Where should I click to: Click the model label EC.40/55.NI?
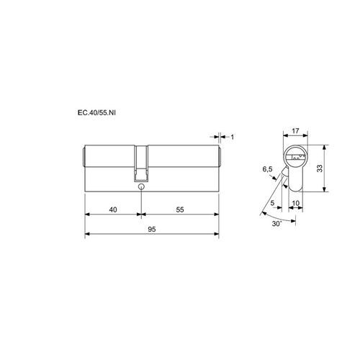[96, 113]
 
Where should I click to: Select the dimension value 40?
[113, 210]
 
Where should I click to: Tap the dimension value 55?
[180, 210]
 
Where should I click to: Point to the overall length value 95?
[152, 229]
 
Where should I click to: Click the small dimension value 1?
[232, 137]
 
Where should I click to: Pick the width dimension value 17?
[295, 131]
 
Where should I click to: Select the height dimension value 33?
[320, 168]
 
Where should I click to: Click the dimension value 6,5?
[267, 169]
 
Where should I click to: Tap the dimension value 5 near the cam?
[272, 203]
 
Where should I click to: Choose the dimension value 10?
[296, 203]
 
